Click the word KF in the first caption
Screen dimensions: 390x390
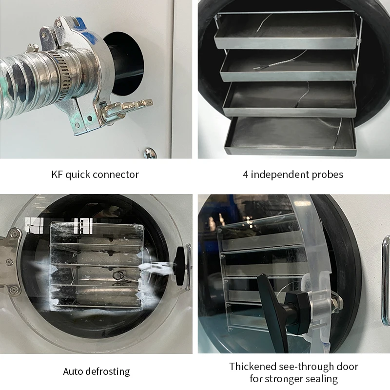coord(58,175)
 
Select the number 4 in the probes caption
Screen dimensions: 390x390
coord(246,175)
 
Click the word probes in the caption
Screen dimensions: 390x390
coord(327,175)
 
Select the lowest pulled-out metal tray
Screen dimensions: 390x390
coord(290,136)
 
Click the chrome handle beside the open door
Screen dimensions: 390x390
coord(385,283)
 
